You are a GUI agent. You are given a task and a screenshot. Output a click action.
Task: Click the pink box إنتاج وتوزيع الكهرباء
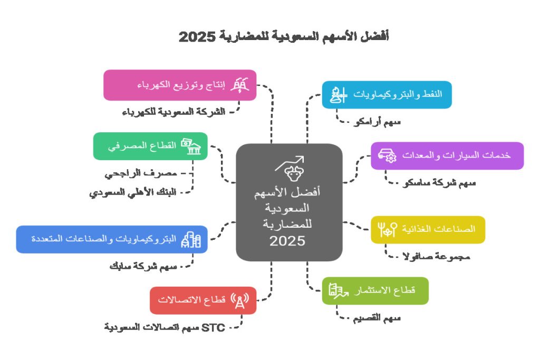click(x=180, y=85)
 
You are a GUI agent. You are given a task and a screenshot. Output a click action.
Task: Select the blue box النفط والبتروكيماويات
click(x=387, y=95)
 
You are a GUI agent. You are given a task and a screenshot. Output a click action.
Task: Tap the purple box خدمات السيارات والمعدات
click(x=447, y=155)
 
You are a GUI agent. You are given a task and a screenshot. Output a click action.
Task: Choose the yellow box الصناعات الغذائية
click(x=428, y=229)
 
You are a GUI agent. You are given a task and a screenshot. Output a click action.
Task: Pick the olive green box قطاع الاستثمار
click(x=375, y=290)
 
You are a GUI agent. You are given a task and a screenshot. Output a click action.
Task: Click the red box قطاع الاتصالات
click(x=203, y=300)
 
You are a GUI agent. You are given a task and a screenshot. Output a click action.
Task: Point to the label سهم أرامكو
click(x=377, y=122)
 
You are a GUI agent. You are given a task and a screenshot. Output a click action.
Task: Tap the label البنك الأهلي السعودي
click(x=132, y=192)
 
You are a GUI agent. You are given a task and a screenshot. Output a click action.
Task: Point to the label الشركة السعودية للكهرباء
click(x=173, y=112)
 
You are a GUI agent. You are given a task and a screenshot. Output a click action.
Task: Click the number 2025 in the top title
click(x=198, y=37)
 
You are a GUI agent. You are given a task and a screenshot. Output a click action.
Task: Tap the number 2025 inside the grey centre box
click(x=287, y=241)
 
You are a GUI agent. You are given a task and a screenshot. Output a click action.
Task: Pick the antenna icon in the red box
click(x=240, y=300)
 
